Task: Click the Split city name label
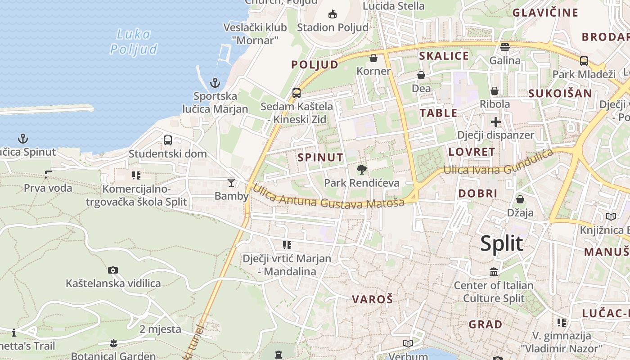[501, 243]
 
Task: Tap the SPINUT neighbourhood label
[320, 157]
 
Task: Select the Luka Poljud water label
[134, 41]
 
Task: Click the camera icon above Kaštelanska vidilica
[113, 270]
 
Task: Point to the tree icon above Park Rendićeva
[361, 170]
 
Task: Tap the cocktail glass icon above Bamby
[231, 182]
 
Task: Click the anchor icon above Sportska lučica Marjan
[215, 83]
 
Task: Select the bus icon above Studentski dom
[168, 140]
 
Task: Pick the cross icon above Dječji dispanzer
[495, 121]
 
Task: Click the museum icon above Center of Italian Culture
[494, 272]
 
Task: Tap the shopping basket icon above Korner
[373, 58]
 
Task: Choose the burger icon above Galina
[505, 47]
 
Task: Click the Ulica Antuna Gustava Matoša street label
[328, 197]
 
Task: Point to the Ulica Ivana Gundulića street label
[498, 163]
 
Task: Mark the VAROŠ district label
[372, 299]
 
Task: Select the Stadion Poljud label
[333, 27]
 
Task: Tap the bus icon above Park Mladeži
[584, 61]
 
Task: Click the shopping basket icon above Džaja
[520, 199]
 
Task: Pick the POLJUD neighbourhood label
[315, 65]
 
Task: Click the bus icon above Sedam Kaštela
[297, 93]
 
